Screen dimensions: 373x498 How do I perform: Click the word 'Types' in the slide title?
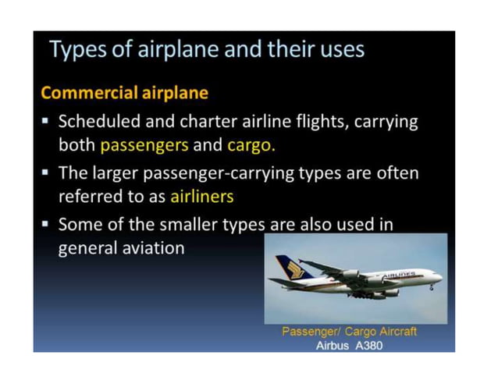74,51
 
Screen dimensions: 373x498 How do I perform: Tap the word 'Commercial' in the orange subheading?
88,94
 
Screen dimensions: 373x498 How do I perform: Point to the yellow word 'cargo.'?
251,146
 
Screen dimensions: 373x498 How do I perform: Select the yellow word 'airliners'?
202,197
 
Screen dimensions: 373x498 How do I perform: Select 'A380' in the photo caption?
368,345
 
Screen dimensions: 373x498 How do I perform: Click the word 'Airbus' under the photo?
332,345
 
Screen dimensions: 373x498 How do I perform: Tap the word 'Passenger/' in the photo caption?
309,332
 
